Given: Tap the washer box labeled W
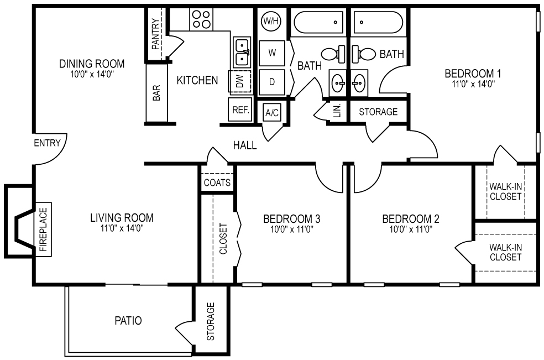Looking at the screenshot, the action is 272,53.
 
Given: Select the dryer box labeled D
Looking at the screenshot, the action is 272,82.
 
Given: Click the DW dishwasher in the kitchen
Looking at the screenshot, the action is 240,82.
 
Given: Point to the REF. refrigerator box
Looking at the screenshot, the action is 240,110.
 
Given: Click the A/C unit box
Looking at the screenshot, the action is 271,113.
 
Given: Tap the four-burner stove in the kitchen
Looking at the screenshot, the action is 201,20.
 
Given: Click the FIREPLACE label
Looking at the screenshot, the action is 44,228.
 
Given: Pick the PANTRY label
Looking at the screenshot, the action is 155,34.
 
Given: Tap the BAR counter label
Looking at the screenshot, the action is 156,93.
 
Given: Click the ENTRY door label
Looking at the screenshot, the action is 47,143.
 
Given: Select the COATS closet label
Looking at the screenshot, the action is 217,182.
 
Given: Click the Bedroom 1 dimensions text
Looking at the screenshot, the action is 469,84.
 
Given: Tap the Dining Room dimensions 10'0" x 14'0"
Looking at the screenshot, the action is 91,74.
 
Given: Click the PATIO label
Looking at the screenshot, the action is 128,320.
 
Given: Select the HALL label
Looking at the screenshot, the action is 245,145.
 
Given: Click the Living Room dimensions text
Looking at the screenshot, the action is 122,228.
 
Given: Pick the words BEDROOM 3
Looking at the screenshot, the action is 292,218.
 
